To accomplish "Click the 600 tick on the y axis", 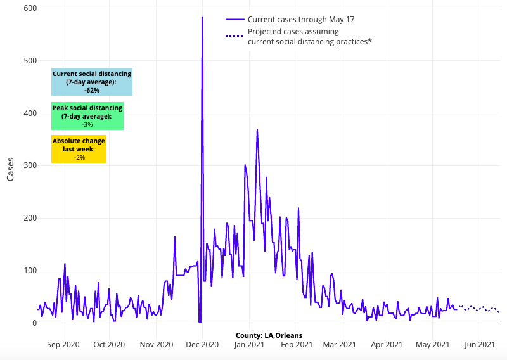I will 30,8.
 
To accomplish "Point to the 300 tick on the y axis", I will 30,165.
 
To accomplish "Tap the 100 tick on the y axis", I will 30,271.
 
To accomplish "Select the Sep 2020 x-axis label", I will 63,345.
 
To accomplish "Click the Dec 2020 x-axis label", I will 203,345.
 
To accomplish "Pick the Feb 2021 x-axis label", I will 296,345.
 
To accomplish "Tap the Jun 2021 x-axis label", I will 479,345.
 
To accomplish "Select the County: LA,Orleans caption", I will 269,335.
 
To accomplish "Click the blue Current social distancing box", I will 92,82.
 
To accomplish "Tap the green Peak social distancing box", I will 87,117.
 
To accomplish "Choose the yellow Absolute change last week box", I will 79,149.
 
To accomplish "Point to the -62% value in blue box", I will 92,91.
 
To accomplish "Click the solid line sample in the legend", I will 235,20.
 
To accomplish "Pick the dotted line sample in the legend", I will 235,36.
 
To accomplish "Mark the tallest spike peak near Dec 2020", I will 202,18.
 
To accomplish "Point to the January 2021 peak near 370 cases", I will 257,130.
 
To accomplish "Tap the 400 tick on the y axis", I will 30,113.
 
